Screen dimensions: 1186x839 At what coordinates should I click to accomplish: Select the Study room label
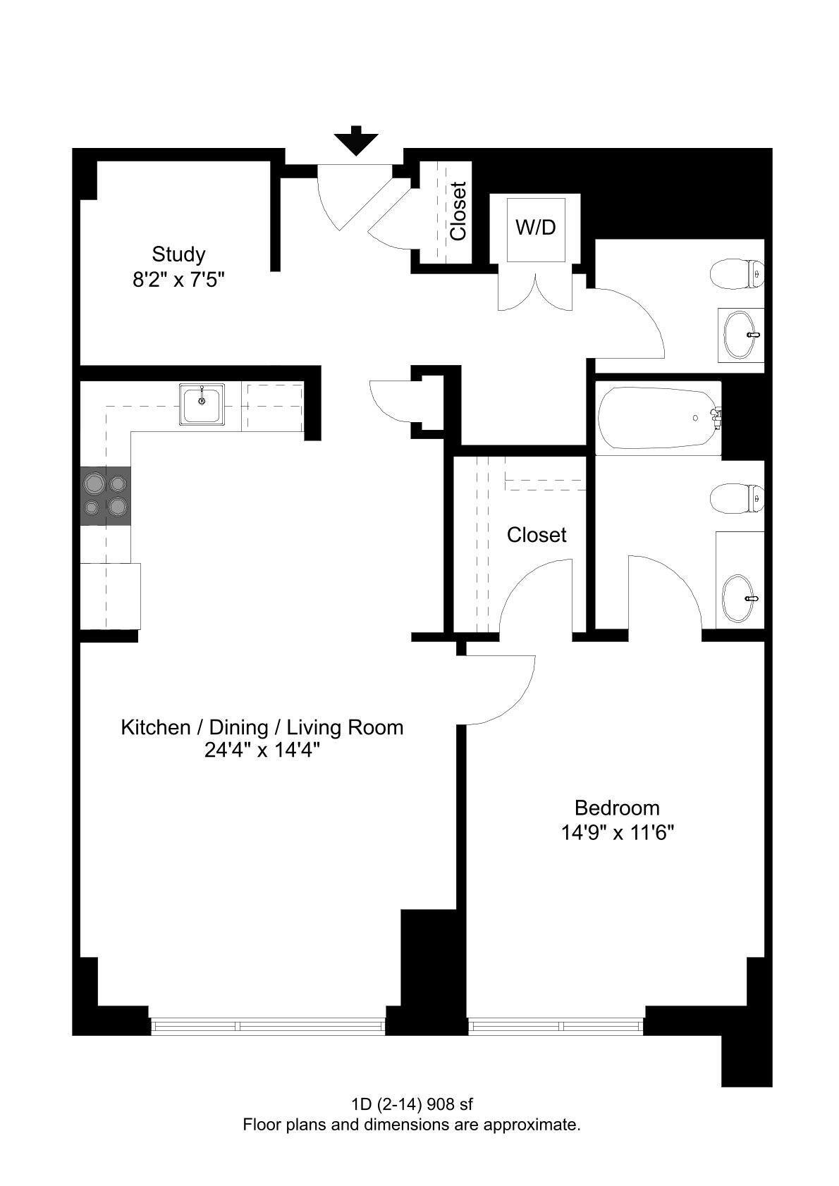[178, 254]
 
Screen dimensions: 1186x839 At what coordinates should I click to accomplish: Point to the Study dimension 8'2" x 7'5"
[178, 280]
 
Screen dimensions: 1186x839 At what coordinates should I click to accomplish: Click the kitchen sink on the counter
[202, 404]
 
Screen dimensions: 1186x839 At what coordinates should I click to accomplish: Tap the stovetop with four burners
[106, 495]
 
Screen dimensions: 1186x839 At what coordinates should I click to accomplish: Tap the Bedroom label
[617, 808]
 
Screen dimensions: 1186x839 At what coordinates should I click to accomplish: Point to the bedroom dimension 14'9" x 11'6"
[618, 833]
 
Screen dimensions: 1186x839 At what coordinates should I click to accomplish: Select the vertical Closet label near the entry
[458, 211]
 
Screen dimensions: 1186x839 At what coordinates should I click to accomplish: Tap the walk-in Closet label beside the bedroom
[536, 535]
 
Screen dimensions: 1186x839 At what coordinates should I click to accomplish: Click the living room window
[267, 1025]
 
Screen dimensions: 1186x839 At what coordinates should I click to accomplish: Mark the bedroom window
[556, 1025]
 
